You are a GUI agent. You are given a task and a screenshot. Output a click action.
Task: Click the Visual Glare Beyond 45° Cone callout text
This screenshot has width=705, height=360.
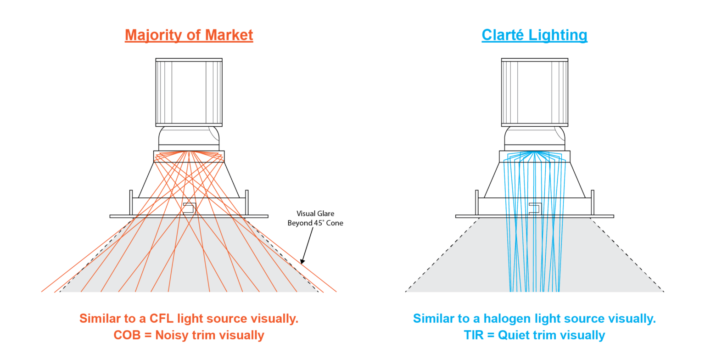pos(315,218)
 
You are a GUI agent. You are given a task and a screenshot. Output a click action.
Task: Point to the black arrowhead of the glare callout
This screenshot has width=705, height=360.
pos(302,261)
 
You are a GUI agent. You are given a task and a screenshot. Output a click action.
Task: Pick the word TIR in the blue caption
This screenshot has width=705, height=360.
pos(475,335)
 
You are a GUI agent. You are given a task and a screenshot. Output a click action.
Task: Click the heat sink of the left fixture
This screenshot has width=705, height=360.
pos(189,92)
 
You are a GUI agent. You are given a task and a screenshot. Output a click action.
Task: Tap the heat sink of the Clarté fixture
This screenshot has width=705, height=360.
pos(534,92)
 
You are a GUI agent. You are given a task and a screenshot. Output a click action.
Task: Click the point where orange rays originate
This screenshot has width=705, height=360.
pos(189,152)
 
